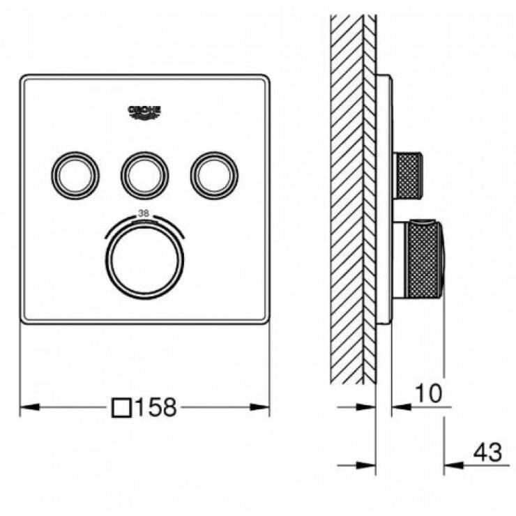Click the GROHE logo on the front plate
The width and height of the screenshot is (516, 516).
coord(144,111)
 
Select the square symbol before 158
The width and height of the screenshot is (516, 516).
coord(122,407)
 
